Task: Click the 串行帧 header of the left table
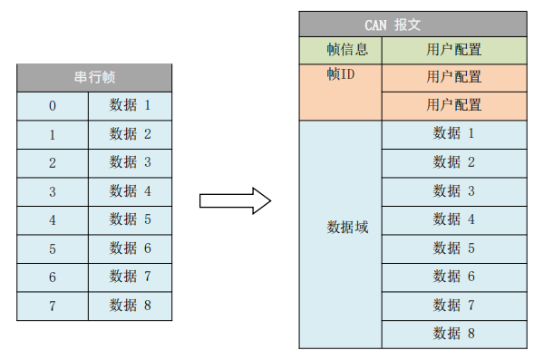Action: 93,78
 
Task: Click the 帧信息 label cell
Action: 340,50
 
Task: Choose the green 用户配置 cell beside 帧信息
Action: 453,50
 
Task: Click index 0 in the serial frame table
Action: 52,106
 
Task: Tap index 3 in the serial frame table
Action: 52,191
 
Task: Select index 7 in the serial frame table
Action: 52,305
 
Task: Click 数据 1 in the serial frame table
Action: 130,106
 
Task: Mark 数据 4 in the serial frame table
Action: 130,191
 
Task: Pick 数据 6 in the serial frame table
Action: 130,248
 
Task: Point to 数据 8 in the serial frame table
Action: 130,305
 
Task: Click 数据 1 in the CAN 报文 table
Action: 453,134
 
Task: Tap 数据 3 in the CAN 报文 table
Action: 453,191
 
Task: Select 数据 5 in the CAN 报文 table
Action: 453,248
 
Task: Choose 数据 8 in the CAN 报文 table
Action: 453,333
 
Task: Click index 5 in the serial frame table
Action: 52,248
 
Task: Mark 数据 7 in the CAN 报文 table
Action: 453,305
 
